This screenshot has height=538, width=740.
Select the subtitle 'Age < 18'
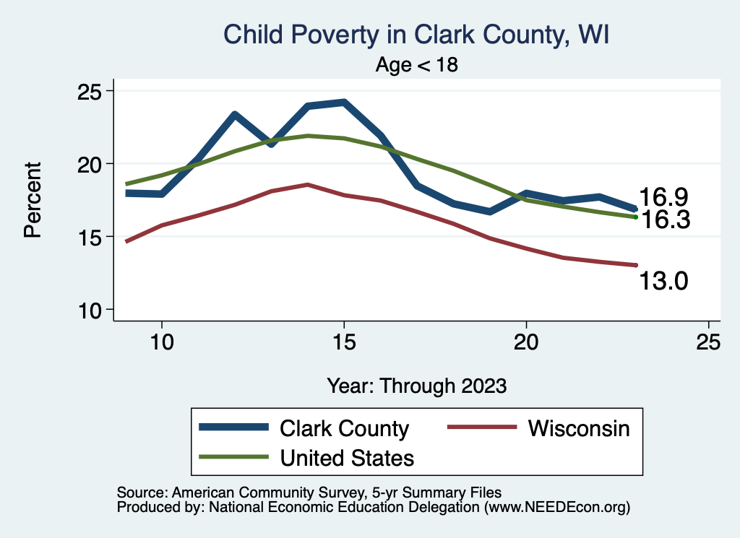click(417, 64)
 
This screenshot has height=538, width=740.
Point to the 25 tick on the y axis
click(91, 91)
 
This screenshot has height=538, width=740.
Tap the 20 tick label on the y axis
click(91, 164)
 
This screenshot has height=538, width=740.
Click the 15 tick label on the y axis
click(91, 237)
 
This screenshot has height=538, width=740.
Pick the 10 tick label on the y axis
click(91, 310)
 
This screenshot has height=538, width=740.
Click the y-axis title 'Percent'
click(33, 199)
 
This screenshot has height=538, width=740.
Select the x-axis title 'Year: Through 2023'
click(416, 386)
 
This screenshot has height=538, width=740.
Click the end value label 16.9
click(663, 197)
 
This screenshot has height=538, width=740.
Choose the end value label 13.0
click(663, 280)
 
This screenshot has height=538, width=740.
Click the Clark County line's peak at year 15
click(344, 103)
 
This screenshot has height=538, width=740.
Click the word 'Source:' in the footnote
click(141, 492)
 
